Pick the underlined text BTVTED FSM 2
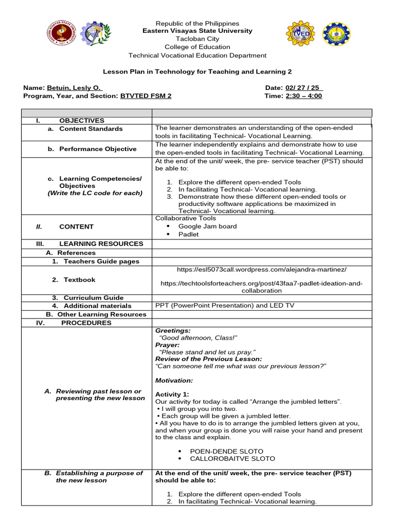click(146, 96)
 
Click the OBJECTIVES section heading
click(81, 120)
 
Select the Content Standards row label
click(91, 129)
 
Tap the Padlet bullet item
click(188, 234)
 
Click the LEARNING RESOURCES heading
click(101, 243)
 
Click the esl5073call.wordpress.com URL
click(261, 269)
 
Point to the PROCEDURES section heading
click(86, 323)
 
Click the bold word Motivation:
click(174, 381)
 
